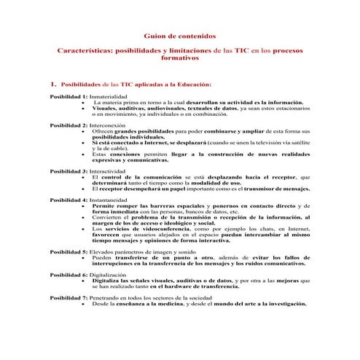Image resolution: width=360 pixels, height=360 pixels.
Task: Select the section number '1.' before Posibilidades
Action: click(x=53, y=85)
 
